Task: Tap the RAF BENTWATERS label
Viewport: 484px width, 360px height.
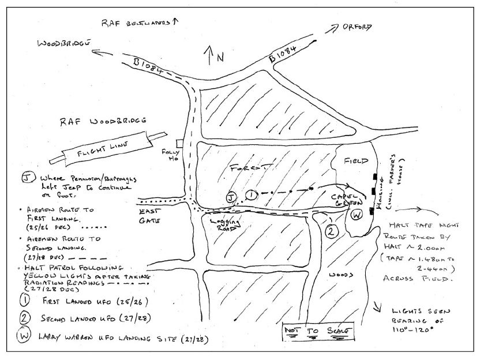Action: click(137, 23)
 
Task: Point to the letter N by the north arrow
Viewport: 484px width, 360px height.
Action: click(219, 58)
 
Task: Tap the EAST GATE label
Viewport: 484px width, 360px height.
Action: click(148, 217)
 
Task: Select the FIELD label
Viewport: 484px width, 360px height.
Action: click(355, 161)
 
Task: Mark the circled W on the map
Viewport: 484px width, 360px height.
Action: click(356, 215)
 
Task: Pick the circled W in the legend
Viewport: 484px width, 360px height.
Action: click(24, 336)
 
